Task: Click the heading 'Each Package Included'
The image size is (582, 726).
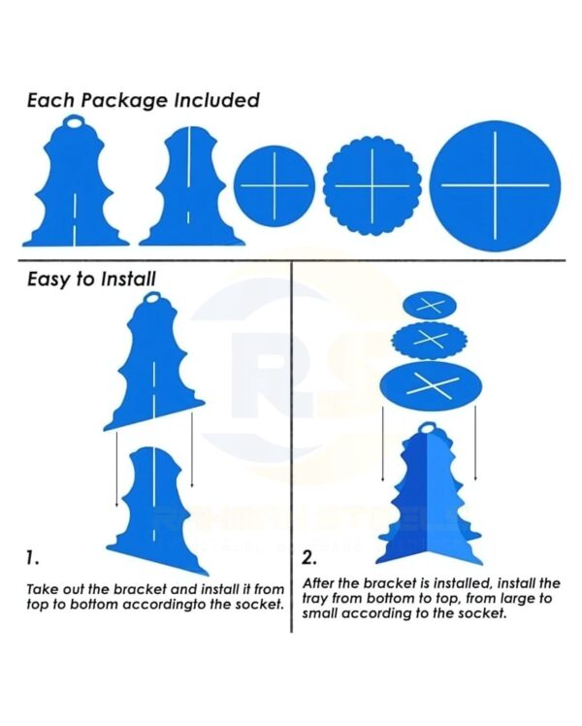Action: [143, 100]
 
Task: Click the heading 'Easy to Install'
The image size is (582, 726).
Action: [91, 279]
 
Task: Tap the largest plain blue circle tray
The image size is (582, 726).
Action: [496, 183]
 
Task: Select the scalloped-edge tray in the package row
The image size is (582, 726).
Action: [368, 185]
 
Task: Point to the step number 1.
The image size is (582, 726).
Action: [33, 558]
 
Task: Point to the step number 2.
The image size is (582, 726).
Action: [309, 558]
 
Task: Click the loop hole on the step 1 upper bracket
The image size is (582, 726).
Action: [149, 309]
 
